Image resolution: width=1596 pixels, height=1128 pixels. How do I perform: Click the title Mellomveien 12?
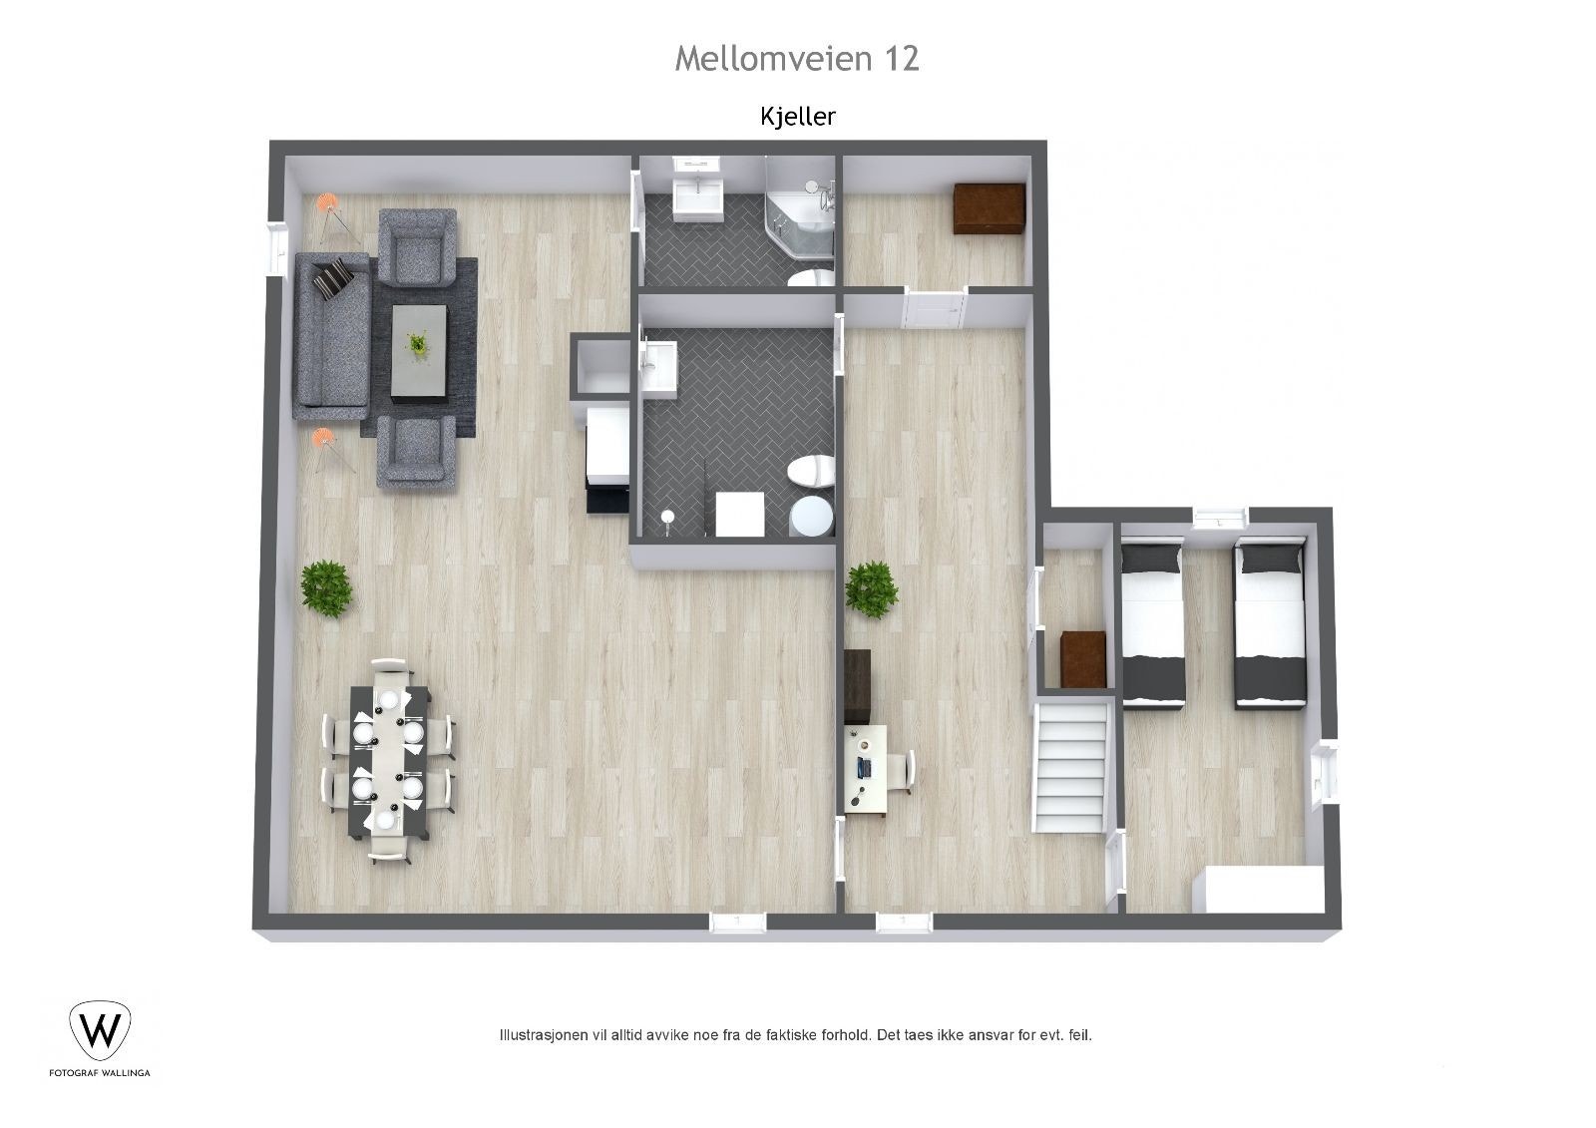796,58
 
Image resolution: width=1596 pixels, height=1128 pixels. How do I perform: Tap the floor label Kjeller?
797,117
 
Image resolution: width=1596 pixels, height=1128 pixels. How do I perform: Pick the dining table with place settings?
388,760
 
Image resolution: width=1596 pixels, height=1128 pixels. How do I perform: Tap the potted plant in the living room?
326,587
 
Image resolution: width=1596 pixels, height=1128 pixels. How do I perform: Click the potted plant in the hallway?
871,588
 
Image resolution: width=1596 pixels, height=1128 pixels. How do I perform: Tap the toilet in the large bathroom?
810,472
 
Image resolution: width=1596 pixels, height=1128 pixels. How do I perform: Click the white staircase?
1072,765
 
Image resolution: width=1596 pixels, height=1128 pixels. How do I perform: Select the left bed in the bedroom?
1152,621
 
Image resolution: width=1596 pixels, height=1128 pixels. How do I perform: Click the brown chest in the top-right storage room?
989,208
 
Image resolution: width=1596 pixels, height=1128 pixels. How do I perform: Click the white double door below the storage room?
934,307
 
